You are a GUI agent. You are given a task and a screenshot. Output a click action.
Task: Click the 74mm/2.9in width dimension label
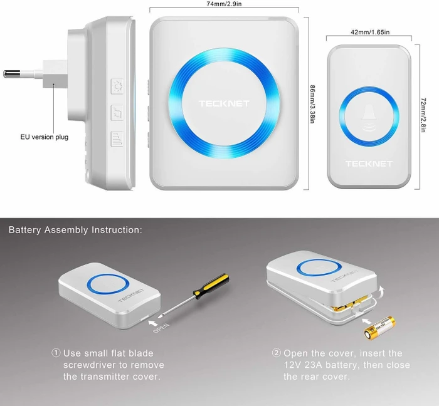(224, 4)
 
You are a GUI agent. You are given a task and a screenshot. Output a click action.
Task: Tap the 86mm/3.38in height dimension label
(312, 104)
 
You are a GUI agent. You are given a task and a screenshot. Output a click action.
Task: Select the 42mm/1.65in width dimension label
(370, 32)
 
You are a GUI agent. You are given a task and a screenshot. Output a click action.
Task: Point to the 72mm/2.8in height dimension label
(423, 115)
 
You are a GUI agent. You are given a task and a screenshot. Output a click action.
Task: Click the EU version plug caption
(45, 137)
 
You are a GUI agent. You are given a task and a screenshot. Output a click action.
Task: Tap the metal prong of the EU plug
(12, 74)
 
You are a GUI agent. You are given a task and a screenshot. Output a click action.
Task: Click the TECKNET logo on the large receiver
(224, 104)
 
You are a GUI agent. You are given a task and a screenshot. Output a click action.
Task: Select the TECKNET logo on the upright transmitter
(369, 164)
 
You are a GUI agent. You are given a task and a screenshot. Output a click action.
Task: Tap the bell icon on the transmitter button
(369, 118)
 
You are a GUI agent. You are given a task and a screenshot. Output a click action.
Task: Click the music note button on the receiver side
(117, 113)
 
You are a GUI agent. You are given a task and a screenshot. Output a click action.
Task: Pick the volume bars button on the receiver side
(117, 138)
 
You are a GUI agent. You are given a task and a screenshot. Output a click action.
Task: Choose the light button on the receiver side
(117, 86)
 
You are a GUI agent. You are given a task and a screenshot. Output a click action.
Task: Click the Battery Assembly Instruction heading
(75, 230)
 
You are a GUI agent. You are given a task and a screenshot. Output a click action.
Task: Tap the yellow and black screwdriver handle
(211, 286)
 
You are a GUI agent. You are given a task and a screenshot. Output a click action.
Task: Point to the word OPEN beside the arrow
(161, 328)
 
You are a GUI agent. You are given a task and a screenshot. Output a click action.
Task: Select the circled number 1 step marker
(56, 353)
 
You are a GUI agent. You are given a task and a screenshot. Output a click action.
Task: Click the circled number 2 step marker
(276, 353)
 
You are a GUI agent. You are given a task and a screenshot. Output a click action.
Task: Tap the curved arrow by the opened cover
(381, 292)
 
